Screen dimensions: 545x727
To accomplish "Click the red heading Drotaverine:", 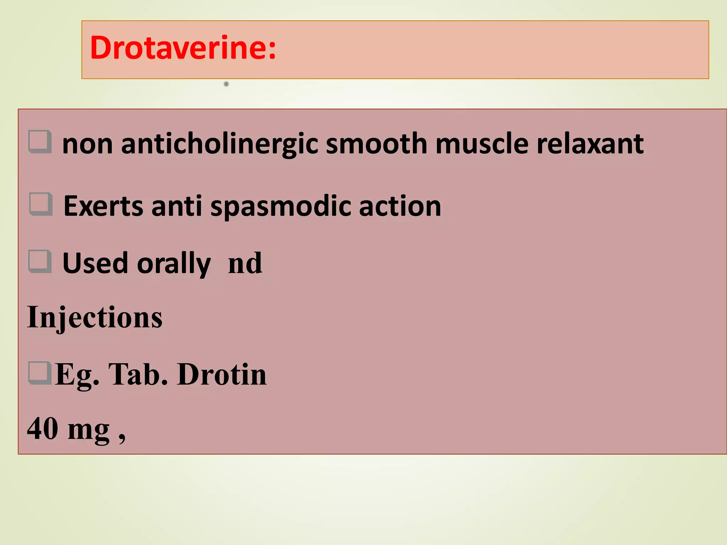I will (183, 48).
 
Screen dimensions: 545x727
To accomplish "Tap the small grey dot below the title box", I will (226, 84).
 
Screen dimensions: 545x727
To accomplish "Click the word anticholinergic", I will (219, 144).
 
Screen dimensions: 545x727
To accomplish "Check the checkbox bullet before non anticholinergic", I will (40, 142).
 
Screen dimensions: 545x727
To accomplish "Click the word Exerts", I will (103, 206).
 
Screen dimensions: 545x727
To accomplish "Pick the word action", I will (400, 206).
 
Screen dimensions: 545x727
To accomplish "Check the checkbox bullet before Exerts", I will (41, 204).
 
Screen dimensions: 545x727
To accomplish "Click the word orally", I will (174, 264).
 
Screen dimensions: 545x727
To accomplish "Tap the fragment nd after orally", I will (245, 263).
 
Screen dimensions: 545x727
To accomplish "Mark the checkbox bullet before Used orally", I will (40, 261).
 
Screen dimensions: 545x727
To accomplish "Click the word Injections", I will (95, 317).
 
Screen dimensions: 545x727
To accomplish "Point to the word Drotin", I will (222, 374).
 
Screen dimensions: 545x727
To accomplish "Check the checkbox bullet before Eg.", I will (39, 373).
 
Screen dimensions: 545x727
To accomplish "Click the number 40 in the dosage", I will (43, 428).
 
